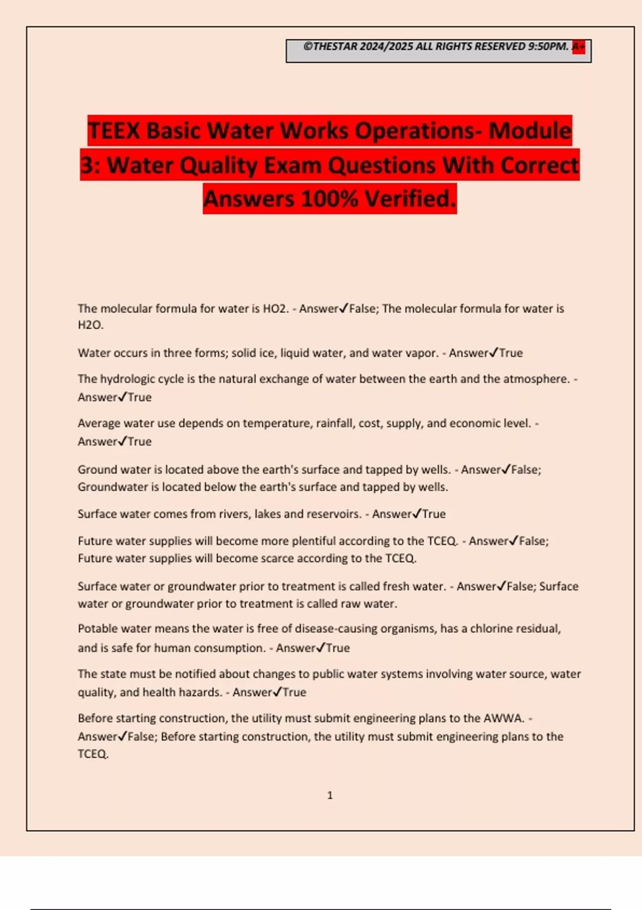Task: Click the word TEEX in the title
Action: pyautogui.click(x=114, y=131)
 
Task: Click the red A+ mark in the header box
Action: pyautogui.click(x=578, y=47)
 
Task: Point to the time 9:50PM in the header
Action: pyautogui.click(x=548, y=47)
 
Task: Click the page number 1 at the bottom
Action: pyautogui.click(x=330, y=795)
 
